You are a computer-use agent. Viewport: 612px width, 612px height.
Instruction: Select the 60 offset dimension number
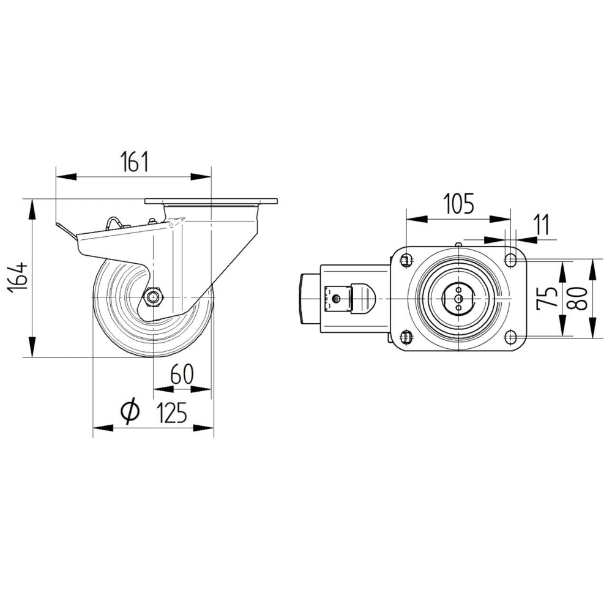click(x=182, y=375)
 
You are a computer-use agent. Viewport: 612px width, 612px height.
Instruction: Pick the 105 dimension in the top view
click(x=458, y=203)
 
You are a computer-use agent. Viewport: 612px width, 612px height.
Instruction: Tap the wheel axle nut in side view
click(x=153, y=297)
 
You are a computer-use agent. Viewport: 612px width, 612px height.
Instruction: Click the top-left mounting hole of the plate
click(x=405, y=261)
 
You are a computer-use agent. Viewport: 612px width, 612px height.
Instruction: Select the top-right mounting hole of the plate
click(x=509, y=261)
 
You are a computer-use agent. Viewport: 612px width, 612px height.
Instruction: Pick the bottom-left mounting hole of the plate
click(x=405, y=335)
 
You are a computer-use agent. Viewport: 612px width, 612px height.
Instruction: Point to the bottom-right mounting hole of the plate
click(x=509, y=335)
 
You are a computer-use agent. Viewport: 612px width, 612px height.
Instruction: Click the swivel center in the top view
click(x=458, y=298)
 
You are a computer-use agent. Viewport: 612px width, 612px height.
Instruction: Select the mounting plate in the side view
click(x=211, y=201)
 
